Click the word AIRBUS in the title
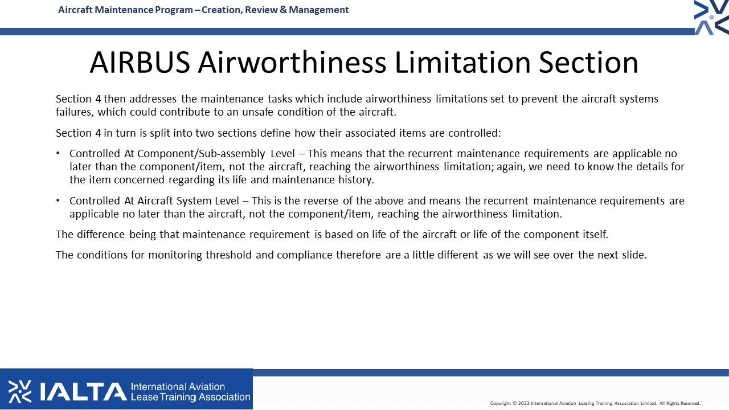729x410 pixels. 140,63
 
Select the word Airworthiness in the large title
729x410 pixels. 292,63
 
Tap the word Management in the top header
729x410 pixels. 318,10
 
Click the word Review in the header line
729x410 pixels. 261,10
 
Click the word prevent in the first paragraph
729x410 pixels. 539,99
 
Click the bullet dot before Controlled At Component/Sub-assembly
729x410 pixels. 58,153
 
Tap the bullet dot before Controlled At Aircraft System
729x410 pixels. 58,200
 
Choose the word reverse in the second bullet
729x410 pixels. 321,201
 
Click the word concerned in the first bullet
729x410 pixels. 139,179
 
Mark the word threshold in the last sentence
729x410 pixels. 228,255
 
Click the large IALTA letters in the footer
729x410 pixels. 83,392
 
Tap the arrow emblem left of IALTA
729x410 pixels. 20,391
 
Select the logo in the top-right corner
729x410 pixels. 712,17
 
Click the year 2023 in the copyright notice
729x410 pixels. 523,404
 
